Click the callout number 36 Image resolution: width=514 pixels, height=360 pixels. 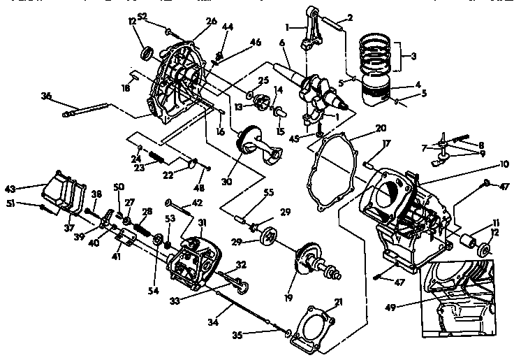pyautogui.click(x=46, y=96)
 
